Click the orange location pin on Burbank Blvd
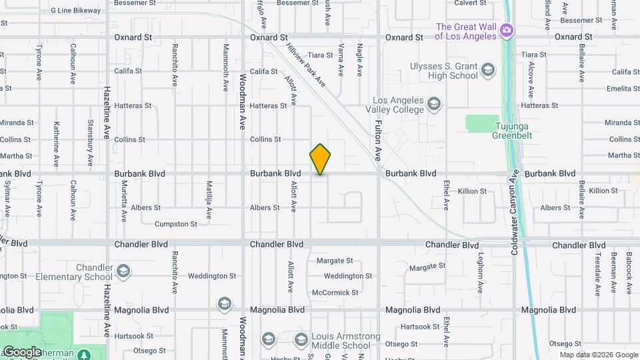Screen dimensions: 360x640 click(320, 159)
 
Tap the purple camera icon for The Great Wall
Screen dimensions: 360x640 click(507, 29)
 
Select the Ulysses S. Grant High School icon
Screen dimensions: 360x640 click(488, 69)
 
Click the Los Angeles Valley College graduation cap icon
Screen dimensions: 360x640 click(434, 103)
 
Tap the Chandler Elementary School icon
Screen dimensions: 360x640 click(123, 271)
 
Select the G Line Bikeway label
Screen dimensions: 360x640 click(75, 11)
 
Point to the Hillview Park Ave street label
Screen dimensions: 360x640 click(305, 64)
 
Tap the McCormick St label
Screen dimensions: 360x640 click(335, 292)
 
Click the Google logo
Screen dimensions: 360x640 click(22, 351)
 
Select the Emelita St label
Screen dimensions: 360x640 click(623, 89)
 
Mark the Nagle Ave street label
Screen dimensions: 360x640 click(360, 59)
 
